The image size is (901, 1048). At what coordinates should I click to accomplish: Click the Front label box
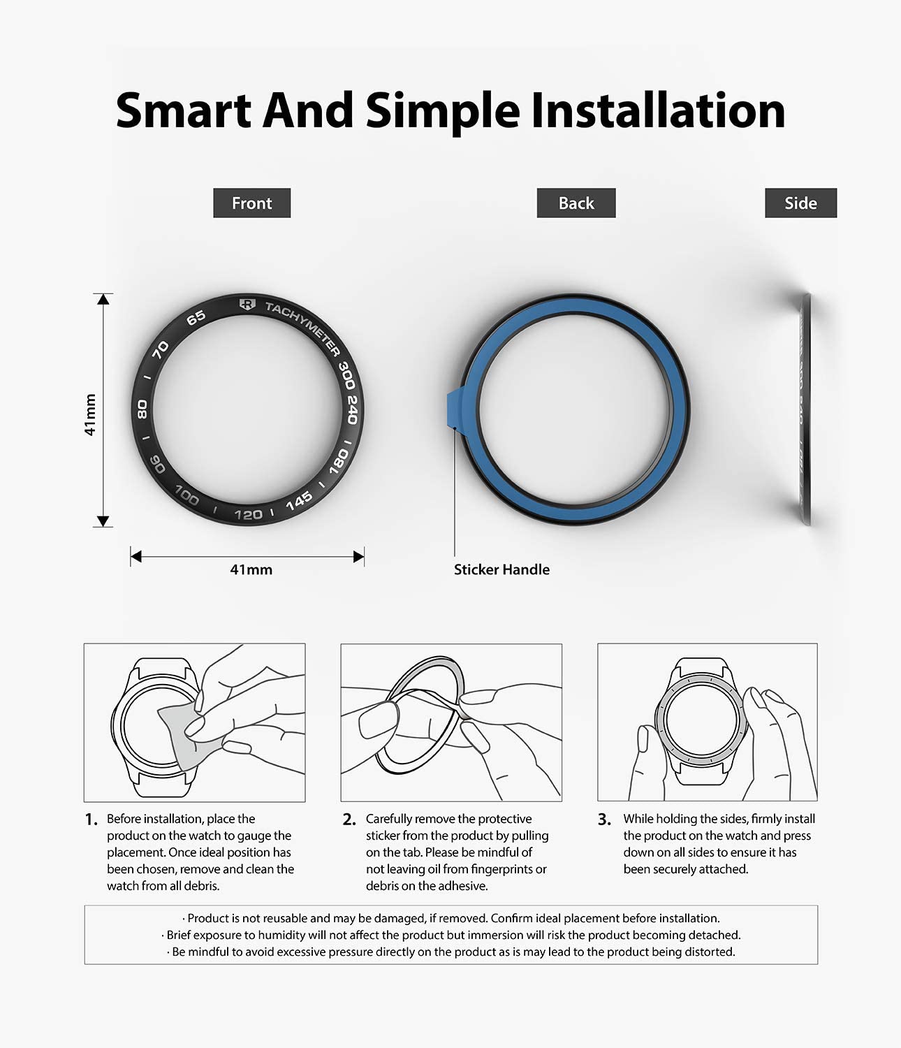(252, 203)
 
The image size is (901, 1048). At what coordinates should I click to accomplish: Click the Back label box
(576, 203)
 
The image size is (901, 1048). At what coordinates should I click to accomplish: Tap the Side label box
(800, 203)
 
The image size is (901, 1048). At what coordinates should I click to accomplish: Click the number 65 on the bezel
(196, 318)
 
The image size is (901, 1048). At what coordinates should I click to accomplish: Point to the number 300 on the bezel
(346, 374)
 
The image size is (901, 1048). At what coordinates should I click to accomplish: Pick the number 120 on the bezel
(249, 515)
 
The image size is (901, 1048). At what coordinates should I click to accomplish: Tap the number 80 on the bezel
(142, 409)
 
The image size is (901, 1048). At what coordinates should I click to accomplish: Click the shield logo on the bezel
(247, 304)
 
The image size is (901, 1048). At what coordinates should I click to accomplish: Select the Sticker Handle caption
(501, 569)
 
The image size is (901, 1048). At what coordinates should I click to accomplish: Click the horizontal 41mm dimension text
(251, 570)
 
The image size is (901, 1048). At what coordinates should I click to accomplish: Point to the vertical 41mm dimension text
(89, 414)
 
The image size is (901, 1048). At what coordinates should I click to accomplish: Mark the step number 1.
(91, 820)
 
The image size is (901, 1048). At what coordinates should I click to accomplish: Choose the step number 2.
(349, 820)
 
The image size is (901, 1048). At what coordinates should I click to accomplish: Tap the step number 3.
(604, 820)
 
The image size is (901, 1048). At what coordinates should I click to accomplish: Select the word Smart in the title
(184, 110)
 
